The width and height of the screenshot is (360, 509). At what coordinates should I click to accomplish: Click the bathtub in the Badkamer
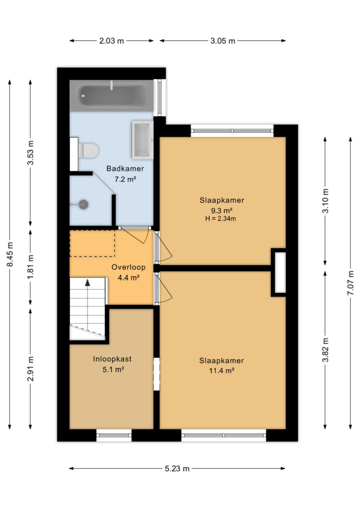pyautogui.click(x=111, y=96)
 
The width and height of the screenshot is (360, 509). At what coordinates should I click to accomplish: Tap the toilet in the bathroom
pyautogui.click(x=88, y=151)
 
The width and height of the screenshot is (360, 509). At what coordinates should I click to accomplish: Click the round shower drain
pyautogui.click(x=84, y=204)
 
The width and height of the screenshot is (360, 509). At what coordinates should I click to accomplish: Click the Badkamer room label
pyautogui.click(x=125, y=169)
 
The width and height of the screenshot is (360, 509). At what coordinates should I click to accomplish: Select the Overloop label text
pyautogui.click(x=129, y=267)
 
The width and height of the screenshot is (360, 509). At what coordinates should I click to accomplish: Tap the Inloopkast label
pyautogui.click(x=112, y=359)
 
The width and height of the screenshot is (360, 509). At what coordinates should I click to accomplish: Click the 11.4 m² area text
pyautogui.click(x=222, y=371)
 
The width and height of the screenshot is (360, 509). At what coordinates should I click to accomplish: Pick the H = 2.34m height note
pyautogui.click(x=220, y=219)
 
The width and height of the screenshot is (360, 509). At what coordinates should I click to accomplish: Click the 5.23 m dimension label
pyautogui.click(x=177, y=468)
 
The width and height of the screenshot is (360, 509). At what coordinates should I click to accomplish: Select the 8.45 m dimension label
pyautogui.click(x=10, y=254)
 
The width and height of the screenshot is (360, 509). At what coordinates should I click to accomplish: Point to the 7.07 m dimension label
pyautogui.click(x=351, y=283)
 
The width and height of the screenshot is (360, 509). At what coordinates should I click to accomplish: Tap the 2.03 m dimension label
pyautogui.click(x=111, y=41)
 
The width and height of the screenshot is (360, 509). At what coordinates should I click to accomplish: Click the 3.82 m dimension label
pyautogui.click(x=325, y=349)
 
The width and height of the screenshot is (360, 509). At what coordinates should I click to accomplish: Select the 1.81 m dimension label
pyautogui.click(x=30, y=267)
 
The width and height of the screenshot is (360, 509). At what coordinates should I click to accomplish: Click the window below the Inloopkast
pyautogui.click(x=114, y=435)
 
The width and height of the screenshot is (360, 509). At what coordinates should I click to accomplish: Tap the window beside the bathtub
pyautogui.click(x=160, y=97)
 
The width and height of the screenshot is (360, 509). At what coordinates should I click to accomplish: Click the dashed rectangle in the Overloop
pyautogui.click(x=92, y=243)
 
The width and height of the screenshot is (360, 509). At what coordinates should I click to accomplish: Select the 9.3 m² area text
pyautogui.click(x=222, y=210)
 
